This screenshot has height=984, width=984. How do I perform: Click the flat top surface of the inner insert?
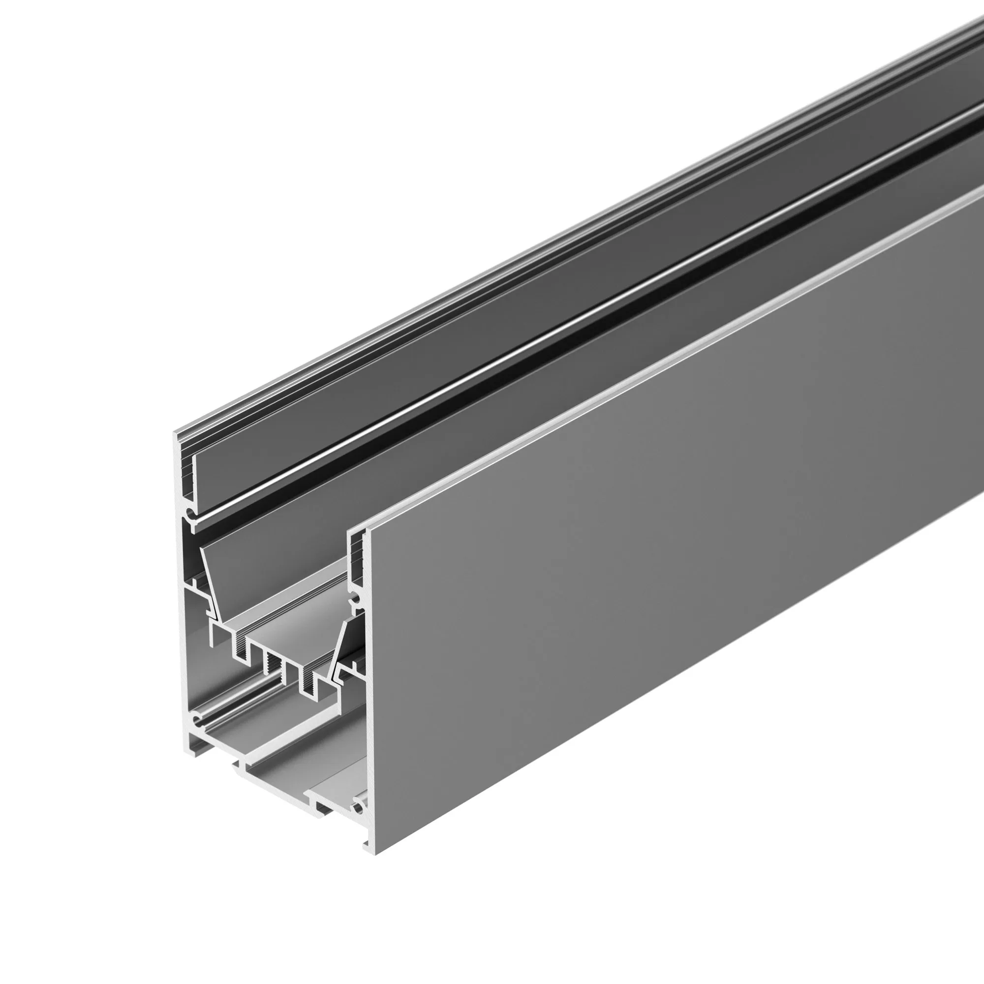point(285,619)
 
